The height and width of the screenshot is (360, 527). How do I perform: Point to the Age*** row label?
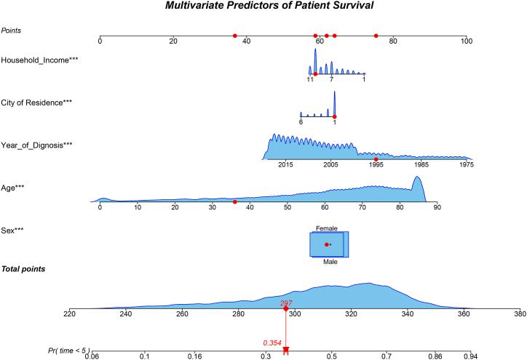coord(14,187)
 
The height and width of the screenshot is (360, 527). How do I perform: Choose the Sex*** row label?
coord(14,229)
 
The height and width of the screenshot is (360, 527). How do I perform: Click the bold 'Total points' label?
coord(23,269)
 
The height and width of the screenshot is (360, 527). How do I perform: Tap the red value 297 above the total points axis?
coord(285,302)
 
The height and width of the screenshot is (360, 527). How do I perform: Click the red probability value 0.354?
coord(272,342)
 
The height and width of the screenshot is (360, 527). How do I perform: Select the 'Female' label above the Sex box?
coord(326,228)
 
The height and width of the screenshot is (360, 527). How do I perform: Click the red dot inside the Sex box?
coord(326,244)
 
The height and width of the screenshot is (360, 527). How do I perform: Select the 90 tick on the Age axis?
coord(437,207)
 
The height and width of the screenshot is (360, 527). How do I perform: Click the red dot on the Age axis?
coord(234,201)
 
